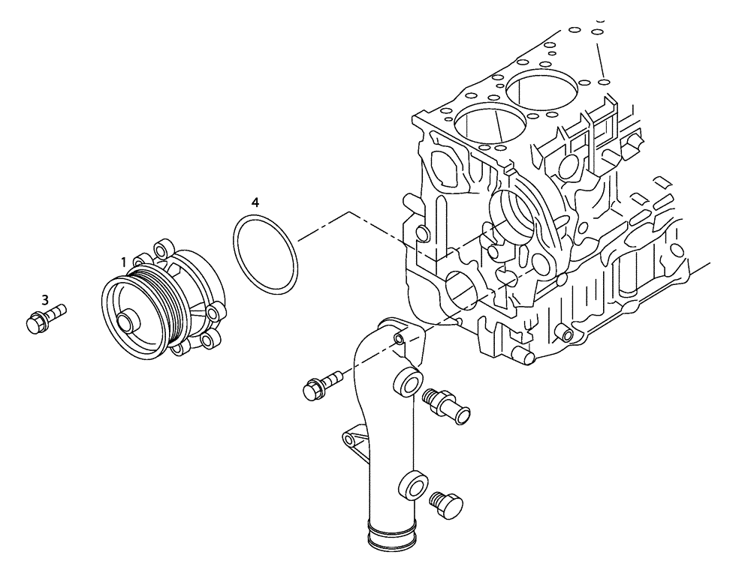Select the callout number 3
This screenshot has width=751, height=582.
[x=45, y=299]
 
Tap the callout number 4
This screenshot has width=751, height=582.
[x=255, y=202]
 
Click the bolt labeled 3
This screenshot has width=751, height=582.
[x=44, y=319]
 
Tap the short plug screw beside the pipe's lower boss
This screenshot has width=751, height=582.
[x=447, y=505]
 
